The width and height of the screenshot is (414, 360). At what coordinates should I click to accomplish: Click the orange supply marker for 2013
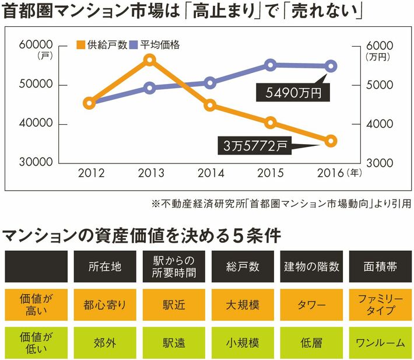150,60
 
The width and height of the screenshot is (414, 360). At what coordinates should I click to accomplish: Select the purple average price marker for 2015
270,65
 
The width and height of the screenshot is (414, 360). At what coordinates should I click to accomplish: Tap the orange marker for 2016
331,141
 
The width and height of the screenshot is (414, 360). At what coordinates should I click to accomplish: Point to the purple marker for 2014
210,83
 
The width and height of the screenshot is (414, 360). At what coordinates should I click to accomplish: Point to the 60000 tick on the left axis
37,45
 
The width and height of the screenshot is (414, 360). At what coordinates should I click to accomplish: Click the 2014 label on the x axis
210,173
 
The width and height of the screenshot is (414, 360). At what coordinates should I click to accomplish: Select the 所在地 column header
105,267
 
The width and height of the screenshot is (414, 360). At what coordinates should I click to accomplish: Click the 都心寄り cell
105,305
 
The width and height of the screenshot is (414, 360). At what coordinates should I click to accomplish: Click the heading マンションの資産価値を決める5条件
142,236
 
